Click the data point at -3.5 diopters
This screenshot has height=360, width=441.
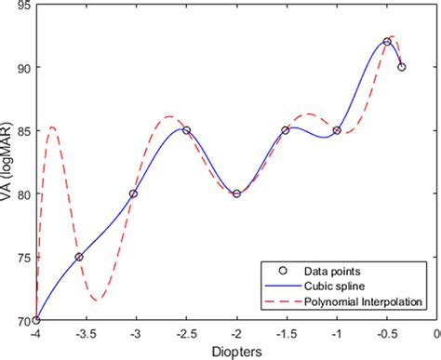[79, 257]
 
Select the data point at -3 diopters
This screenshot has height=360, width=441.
[133, 193]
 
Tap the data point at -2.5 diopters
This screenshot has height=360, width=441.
[186, 130]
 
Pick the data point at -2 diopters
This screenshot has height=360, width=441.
[236, 193]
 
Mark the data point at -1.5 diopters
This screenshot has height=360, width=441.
[286, 130]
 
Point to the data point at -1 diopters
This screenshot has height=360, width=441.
[337, 130]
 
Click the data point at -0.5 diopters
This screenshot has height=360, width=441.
[387, 42]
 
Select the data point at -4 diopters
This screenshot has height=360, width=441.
[36, 320]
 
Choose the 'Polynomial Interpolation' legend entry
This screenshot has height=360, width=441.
[359, 300]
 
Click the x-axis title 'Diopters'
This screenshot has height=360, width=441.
[235, 352]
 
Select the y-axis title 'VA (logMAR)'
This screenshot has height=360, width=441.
[8, 167]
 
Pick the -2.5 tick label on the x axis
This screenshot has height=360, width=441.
[186, 333]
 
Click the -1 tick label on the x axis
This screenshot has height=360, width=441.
[337, 333]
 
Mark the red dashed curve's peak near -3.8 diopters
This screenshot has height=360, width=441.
[52, 127]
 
